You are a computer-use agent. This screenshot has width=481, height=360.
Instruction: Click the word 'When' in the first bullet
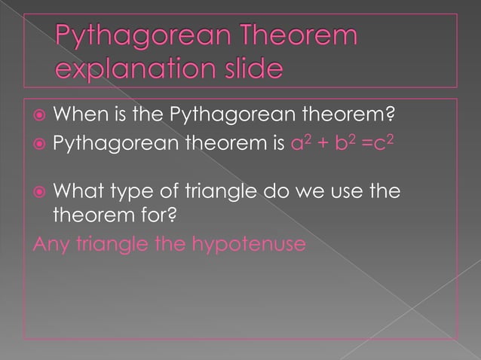78,116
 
